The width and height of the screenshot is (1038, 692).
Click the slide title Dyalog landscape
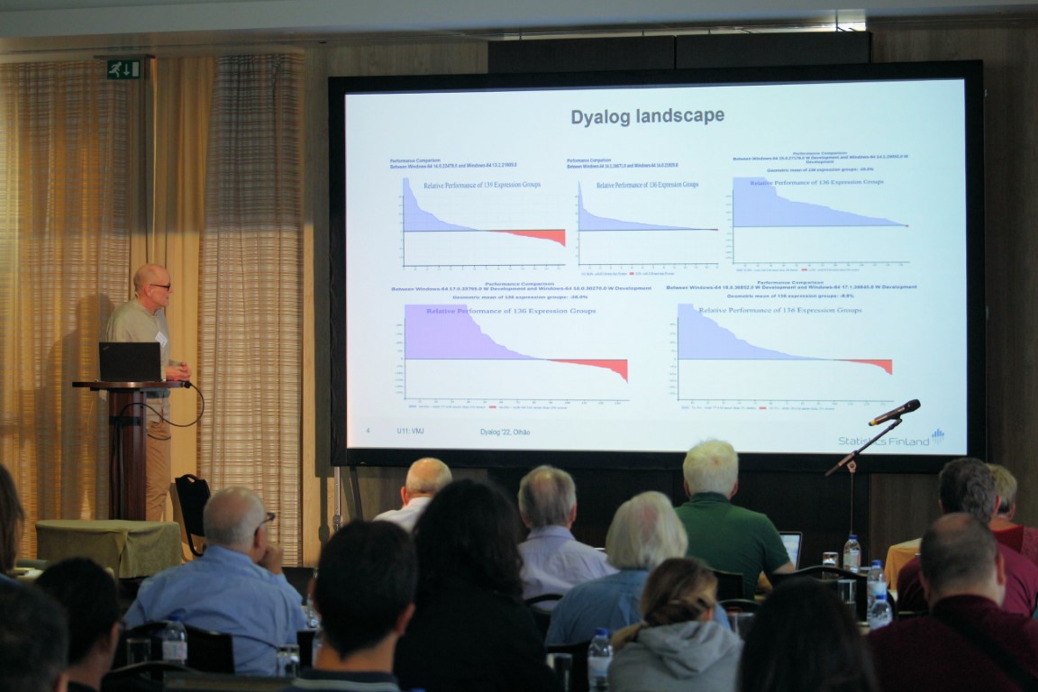click(647, 116)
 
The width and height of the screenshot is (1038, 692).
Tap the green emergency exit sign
click(124, 68)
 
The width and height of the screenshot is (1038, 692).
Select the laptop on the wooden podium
click(130, 361)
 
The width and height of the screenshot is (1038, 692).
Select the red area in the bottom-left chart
click(604, 366)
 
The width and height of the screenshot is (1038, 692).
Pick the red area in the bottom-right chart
click(879, 364)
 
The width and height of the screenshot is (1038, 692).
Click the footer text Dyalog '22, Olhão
click(505, 432)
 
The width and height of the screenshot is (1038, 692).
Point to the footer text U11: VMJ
click(410, 432)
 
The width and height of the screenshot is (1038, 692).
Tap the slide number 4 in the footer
click(368, 432)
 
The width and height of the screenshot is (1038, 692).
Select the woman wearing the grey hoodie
click(676, 631)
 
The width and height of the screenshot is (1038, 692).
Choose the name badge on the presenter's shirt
click(162, 337)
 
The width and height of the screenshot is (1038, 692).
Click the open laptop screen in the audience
click(791, 548)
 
